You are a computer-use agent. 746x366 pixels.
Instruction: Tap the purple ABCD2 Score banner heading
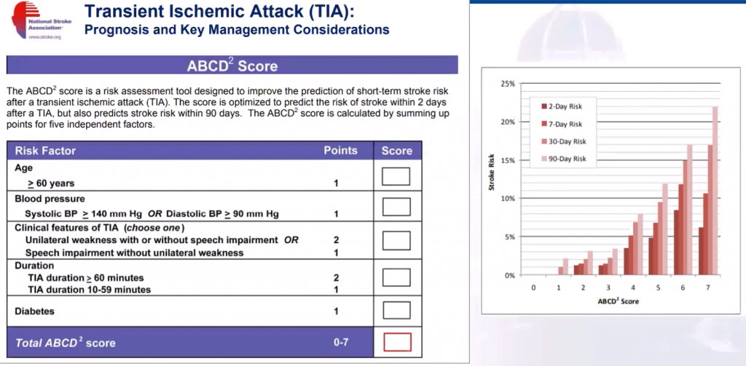click(232, 65)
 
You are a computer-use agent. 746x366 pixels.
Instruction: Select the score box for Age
click(396, 176)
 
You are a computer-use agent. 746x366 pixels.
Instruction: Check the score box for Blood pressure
click(396, 206)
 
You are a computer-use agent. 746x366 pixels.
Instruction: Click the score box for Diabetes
click(396, 311)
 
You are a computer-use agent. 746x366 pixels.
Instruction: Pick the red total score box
click(396, 341)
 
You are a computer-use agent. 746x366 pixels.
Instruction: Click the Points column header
click(340, 151)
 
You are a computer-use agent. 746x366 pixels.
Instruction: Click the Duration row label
click(34, 266)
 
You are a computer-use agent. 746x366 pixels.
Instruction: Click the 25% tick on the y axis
click(507, 84)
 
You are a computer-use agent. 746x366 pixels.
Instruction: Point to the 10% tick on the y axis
click(507, 199)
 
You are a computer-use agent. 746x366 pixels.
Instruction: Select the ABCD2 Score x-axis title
click(619, 301)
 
